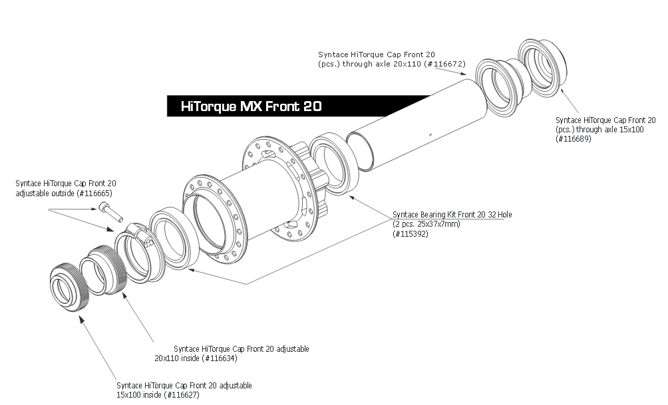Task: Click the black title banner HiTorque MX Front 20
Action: (251, 106)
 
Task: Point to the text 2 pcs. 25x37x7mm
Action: (428, 223)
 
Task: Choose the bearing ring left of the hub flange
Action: (169, 238)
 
